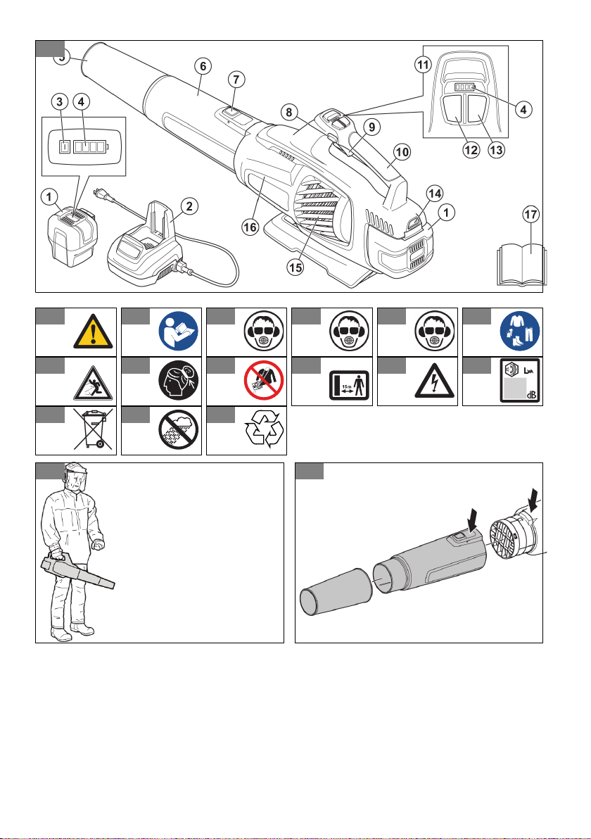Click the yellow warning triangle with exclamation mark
click(94, 329)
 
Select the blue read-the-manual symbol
click(178, 329)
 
